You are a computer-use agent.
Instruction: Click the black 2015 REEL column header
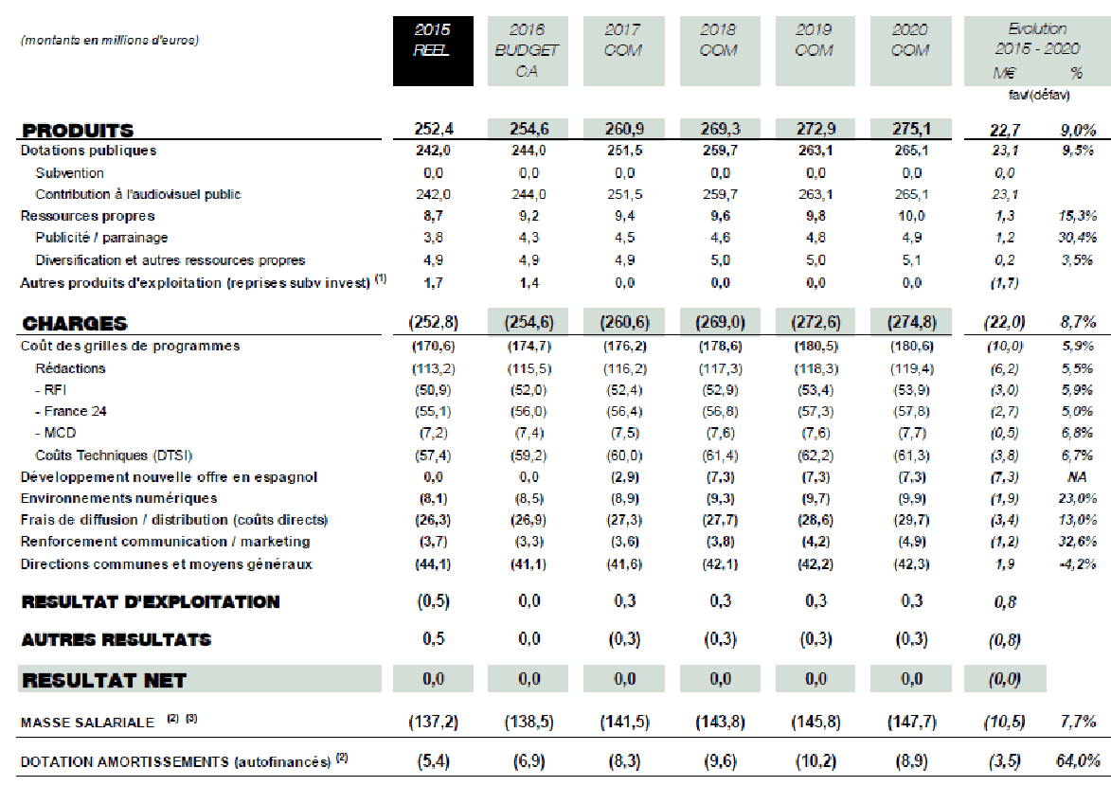pyautogui.click(x=432, y=51)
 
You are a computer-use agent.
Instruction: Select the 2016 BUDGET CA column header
pyautogui.click(x=528, y=51)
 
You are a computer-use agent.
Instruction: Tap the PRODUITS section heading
pyautogui.click(x=79, y=131)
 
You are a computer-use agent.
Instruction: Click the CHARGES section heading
pyautogui.click(x=75, y=324)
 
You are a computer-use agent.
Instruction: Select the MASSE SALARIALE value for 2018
pyautogui.click(x=719, y=722)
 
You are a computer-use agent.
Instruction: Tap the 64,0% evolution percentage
pyautogui.click(x=1077, y=760)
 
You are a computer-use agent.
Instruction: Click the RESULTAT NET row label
pyautogui.click(x=104, y=680)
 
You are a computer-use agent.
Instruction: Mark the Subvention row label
pyautogui.click(x=70, y=173)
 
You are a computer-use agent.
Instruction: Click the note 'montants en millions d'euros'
pyautogui.click(x=110, y=40)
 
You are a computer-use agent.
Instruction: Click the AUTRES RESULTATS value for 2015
pyautogui.click(x=433, y=639)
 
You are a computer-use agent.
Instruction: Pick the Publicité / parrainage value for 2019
pyautogui.click(x=815, y=238)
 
